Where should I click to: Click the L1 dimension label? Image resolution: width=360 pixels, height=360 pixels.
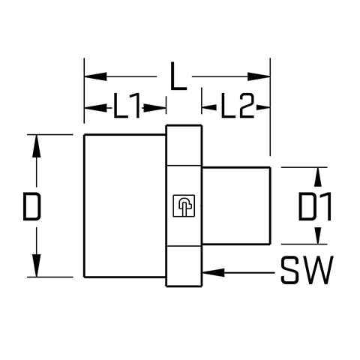tap(127, 105)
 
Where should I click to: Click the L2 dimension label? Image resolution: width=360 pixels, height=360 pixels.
tap(238, 105)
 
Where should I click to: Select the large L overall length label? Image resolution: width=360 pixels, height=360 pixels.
tap(178, 76)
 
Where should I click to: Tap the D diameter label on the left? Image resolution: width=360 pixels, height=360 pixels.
tap(31, 206)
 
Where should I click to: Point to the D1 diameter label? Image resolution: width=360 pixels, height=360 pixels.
tap(314, 206)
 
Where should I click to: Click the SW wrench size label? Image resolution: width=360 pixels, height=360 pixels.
tap(307, 270)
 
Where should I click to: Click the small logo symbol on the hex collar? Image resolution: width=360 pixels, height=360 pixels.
tap(184, 205)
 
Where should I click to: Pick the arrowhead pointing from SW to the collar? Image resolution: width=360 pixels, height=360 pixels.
tap(214, 272)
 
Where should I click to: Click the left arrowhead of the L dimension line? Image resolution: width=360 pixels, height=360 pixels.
tap(96, 76)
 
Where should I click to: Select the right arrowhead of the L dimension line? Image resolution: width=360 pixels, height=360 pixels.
tap(259, 76)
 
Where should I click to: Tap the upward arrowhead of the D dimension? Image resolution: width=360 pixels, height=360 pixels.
tap(37, 146)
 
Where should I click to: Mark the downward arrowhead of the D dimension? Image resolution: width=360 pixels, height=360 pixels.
tap(37, 265)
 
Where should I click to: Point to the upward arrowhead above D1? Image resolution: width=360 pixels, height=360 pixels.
tap(318, 177)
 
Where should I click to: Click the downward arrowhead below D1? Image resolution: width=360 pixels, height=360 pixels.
tap(318, 235)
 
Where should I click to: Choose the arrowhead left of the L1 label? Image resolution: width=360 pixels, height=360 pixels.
tap(95, 108)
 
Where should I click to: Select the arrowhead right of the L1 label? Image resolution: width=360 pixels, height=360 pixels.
tap(155, 108)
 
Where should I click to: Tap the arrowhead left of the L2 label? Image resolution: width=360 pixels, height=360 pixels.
tap(209, 108)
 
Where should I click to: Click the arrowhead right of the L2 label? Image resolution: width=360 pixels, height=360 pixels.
tap(263, 108)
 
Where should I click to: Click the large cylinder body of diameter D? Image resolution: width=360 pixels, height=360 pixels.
tap(124, 205)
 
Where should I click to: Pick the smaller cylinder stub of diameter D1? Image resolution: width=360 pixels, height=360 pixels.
tap(236, 205)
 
